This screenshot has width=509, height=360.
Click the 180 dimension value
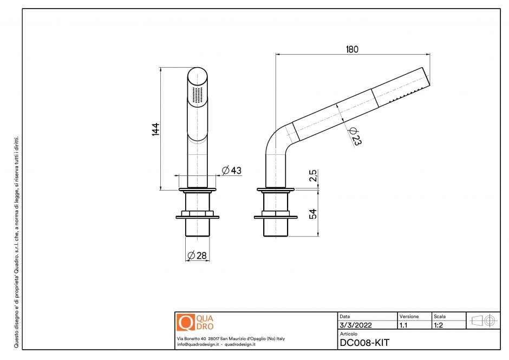click(x=352, y=49)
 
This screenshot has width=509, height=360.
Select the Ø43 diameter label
click(x=231, y=171)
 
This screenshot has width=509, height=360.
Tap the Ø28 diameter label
click(x=197, y=256)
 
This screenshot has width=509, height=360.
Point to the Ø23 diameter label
click(x=355, y=136)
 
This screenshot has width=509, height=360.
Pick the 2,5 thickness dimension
click(x=312, y=177)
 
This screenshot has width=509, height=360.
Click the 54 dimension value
click(x=312, y=214)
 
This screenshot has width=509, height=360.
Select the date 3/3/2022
click(x=355, y=325)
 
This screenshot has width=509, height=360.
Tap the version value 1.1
click(x=403, y=325)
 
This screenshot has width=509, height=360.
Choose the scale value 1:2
click(x=439, y=325)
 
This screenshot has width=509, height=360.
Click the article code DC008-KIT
click(x=364, y=343)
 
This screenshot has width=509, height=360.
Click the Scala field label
click(x=440, y=316)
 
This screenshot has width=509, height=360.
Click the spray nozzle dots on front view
click(x=198, y=95)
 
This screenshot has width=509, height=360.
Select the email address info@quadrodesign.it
click(x=198, y=344)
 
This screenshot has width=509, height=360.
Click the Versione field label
click(x=409, y=316)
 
